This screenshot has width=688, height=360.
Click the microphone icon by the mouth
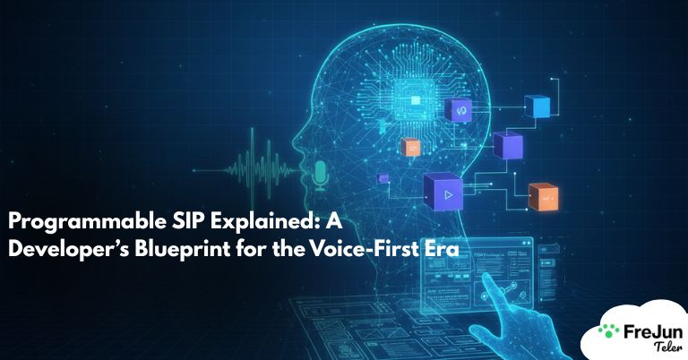click(x=321, y=174)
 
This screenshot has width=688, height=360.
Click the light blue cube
click(x=540, y=107)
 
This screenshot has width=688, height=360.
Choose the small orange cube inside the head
click(x=410, y=147)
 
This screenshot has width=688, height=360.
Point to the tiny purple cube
click(x=383, y=179)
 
